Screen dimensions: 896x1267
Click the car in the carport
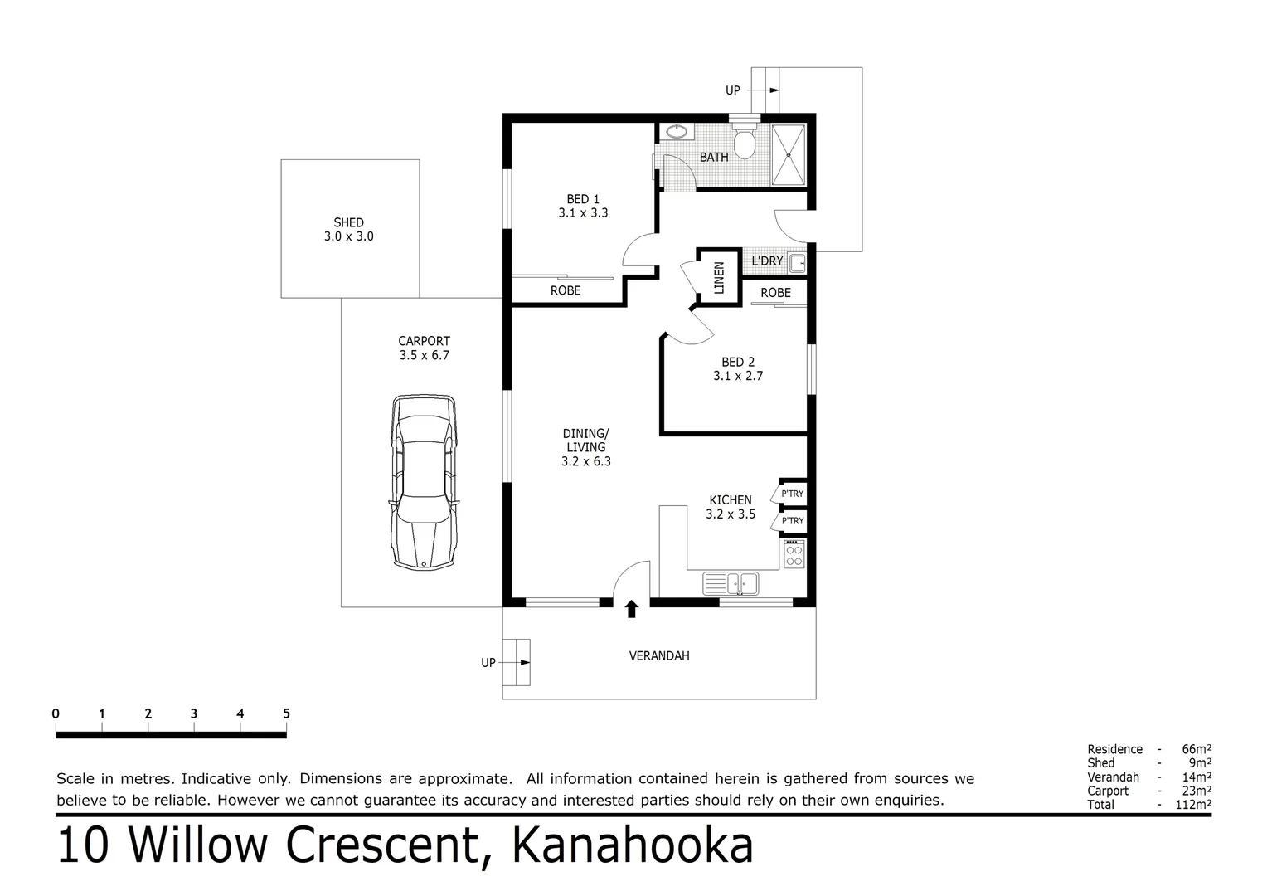click(424, 482)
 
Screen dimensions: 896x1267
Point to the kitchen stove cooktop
click(794, 553)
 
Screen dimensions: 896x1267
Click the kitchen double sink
click(731, 583)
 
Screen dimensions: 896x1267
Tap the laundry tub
click(796, 264)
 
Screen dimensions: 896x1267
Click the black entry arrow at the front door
click(632, 610)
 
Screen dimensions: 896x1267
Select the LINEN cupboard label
click(719, 277)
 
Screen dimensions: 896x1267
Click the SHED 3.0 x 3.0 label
click(348, 229)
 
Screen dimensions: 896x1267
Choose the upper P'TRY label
click(792, 494)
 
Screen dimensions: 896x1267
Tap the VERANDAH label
click(659, 655)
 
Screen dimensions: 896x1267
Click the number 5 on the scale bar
click(286, 713)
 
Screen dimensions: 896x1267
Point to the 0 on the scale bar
click(56, 713)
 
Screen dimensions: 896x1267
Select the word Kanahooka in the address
click(632, 845)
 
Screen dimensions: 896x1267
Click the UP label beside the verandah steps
click(488, 662)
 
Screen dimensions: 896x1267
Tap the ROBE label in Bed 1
click(566, 290)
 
